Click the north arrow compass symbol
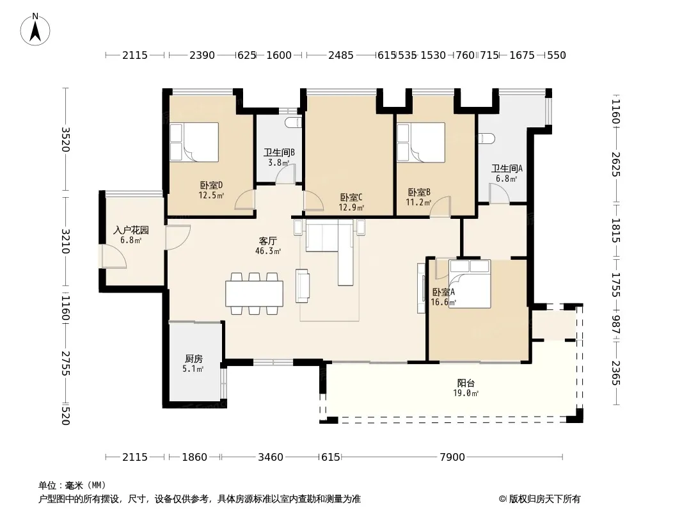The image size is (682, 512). click(35, 29)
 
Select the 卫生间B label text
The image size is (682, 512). click(279, 153)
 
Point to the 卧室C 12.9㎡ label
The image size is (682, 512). click(351, 202)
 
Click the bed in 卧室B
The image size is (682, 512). click(421, 142)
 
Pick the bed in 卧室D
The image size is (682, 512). click(194, 142)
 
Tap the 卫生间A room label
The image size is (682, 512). click(507, 173)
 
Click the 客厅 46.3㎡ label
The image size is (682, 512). click(268, 246)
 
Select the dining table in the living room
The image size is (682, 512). click(255, 294)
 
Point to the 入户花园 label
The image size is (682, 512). click(131, 230)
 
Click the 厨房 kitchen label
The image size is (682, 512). click(194, 364)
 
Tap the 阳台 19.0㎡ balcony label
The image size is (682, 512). click(466, 388)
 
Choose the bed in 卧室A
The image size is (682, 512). click(470, 284)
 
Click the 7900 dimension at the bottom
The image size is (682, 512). click(452, 457)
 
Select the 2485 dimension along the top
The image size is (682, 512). click(340, 55)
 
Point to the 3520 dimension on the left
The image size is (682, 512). click(65, 140)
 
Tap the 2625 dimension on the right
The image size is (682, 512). click(615, 164)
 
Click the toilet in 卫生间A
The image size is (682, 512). click(486, 138)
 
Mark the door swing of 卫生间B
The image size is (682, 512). click(286, 173)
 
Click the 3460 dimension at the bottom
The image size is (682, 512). click(271, 457)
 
